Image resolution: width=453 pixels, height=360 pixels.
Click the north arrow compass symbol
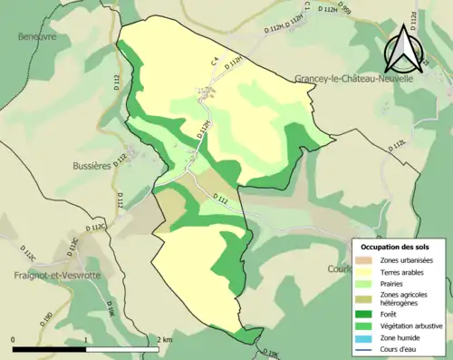(x=401, y=51)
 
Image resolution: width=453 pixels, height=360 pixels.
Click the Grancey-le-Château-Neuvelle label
(x=353, y=79)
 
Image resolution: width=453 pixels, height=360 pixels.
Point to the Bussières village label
(x=91, y=166)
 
